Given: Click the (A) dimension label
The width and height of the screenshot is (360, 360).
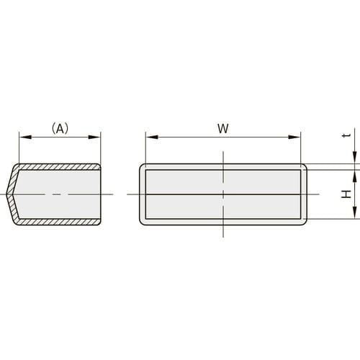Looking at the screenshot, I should (x=60, y=128).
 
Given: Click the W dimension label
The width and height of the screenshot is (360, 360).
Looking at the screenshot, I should (x=222, y=128).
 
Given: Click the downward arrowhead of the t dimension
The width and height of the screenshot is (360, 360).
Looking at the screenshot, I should (x=354, y=161).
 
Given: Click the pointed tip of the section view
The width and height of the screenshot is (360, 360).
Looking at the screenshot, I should (x=7, y=194).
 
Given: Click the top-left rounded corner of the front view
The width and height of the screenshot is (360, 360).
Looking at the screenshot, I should (x=142, y=166).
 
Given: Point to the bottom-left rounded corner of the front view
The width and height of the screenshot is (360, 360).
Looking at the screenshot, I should (x=142, y=222).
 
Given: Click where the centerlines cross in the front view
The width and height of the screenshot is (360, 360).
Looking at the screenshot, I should (x=223, y=194).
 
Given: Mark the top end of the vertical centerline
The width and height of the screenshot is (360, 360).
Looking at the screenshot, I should (x=223, y=152).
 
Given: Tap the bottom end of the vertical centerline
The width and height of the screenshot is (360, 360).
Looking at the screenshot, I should (x=223, y=236).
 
